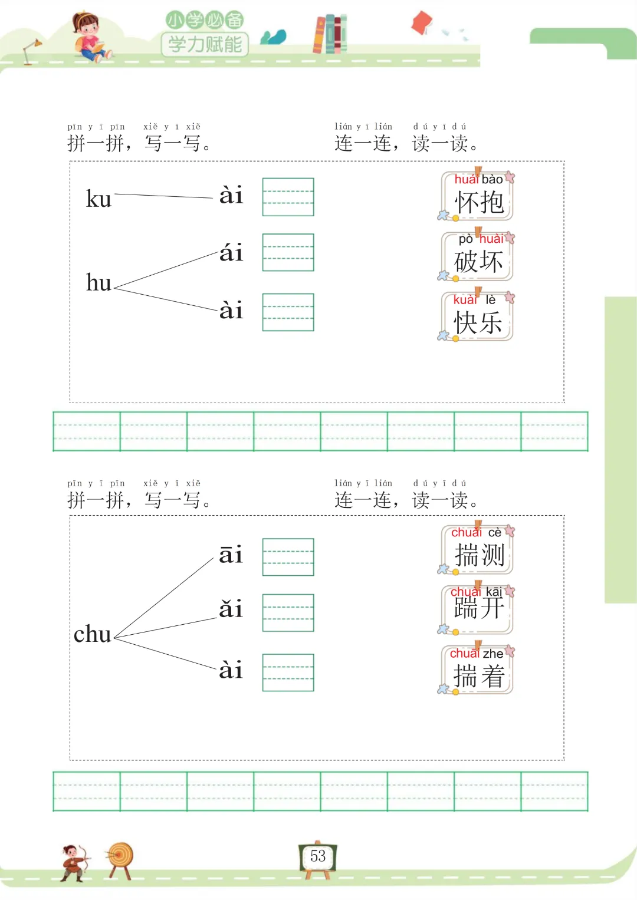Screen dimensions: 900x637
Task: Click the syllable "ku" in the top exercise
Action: click(x=98, y=199)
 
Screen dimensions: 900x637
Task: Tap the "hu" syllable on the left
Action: click(x=98, y=283)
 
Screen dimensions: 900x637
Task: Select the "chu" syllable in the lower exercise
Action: click(x=93, y=635)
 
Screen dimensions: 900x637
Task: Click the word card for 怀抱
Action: click(x=478, y=196)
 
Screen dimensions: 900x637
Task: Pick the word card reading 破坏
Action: click(x=478, y=256)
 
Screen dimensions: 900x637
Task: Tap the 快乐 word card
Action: click(x=478, y=317)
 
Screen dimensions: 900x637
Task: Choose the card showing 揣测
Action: click(x=478, y=549)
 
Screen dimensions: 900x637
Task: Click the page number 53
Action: click(x=318, y=856)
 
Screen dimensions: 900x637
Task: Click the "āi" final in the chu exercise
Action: click(x=231, y=555)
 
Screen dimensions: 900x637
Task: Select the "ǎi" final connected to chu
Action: click(x=231, y=609)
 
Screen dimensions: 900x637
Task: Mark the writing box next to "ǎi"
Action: click(x=288, y=612)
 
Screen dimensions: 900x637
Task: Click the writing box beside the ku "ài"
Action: click(x=288, y=197)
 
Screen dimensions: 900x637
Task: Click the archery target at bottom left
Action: click(x=120, y=858)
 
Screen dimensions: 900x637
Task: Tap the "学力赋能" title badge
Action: click(x=205, y=44)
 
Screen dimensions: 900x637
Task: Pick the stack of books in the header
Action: click(x=330, y=34)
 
